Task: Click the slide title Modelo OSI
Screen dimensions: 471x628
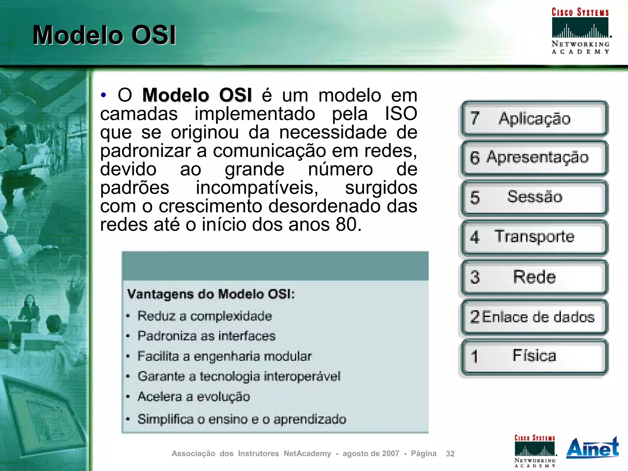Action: tap(104, 35)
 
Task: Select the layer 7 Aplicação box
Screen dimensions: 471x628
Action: tap(534, 119)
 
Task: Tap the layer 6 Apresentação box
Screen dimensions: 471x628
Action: tap(534, 158)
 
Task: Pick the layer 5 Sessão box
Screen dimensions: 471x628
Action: tap(534, 197)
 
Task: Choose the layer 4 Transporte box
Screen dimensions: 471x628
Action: tap(534, 237)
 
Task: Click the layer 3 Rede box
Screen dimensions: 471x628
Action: tap(534, 277)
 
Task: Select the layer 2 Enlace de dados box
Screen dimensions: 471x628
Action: tap(534, 317)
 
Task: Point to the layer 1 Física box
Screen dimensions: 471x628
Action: tap(534, 356)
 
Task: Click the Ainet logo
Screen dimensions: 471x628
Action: tap(592, 448)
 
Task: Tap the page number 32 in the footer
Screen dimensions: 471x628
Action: tap(450, 454)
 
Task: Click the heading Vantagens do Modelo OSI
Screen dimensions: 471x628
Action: tap(211, 294)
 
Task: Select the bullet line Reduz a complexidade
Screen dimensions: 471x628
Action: tap(205, 316)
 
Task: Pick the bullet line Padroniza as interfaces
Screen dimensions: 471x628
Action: tap(206, 336)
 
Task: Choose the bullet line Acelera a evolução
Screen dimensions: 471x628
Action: tap(194, 397)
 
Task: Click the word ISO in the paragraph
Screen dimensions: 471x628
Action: tap(401, 114)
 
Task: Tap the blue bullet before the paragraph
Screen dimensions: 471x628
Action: tap(104, 95)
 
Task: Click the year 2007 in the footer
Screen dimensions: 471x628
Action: tap(391, 454)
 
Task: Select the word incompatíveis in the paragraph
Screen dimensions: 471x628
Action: tap(257, 188)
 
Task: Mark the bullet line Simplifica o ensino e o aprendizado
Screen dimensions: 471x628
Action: tap(242, 419)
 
